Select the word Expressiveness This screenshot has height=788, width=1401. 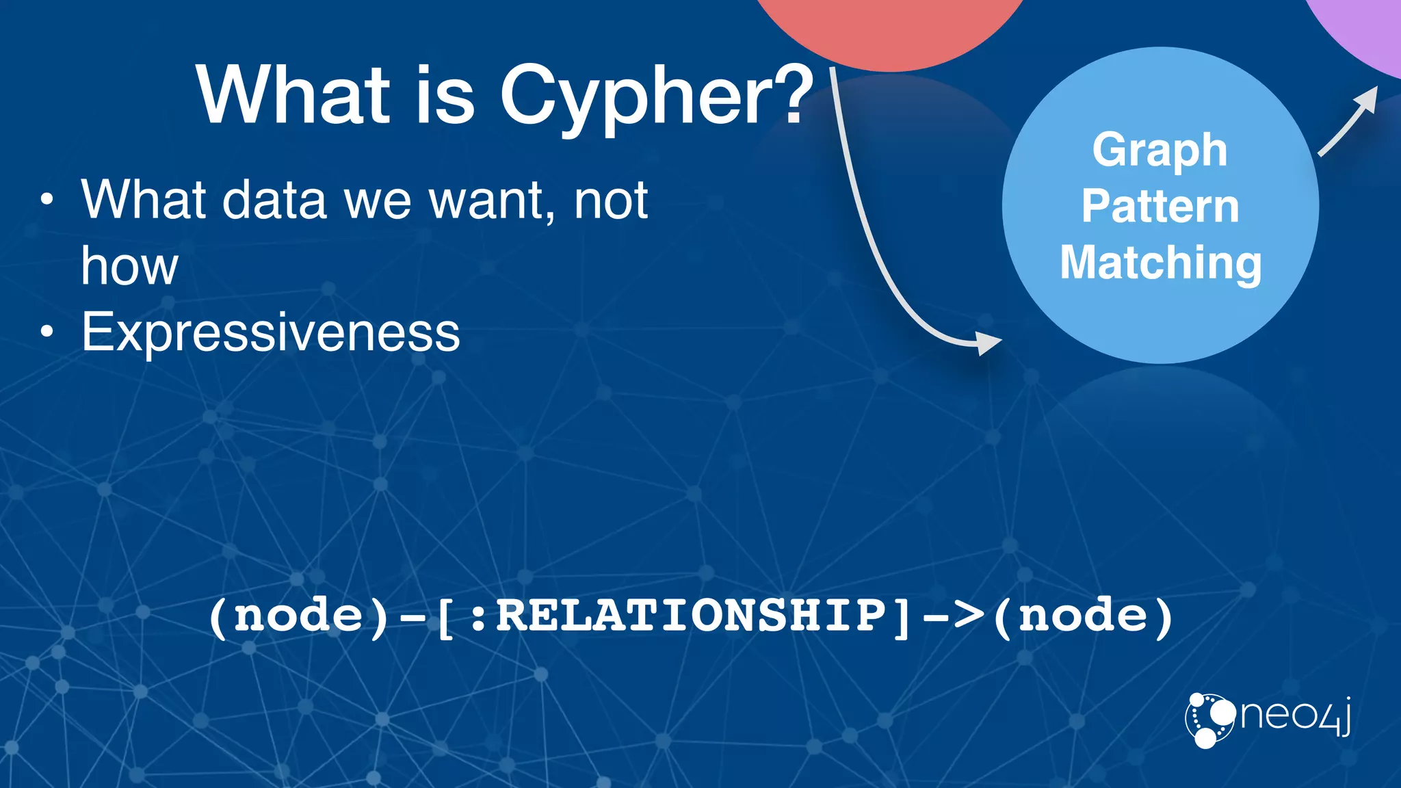pos(271,332)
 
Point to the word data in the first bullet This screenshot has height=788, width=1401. pos(274,200)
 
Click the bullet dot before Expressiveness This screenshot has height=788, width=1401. pos(46,332)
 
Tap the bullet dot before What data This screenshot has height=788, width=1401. pos(46,200)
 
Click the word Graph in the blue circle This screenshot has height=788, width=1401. pos(1160,150)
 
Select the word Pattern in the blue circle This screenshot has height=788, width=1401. pos(1160,207)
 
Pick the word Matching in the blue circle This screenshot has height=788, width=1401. pos(1160,263)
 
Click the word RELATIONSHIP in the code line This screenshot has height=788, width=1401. pos(691,616)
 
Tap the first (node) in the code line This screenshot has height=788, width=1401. pos(298,616)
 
